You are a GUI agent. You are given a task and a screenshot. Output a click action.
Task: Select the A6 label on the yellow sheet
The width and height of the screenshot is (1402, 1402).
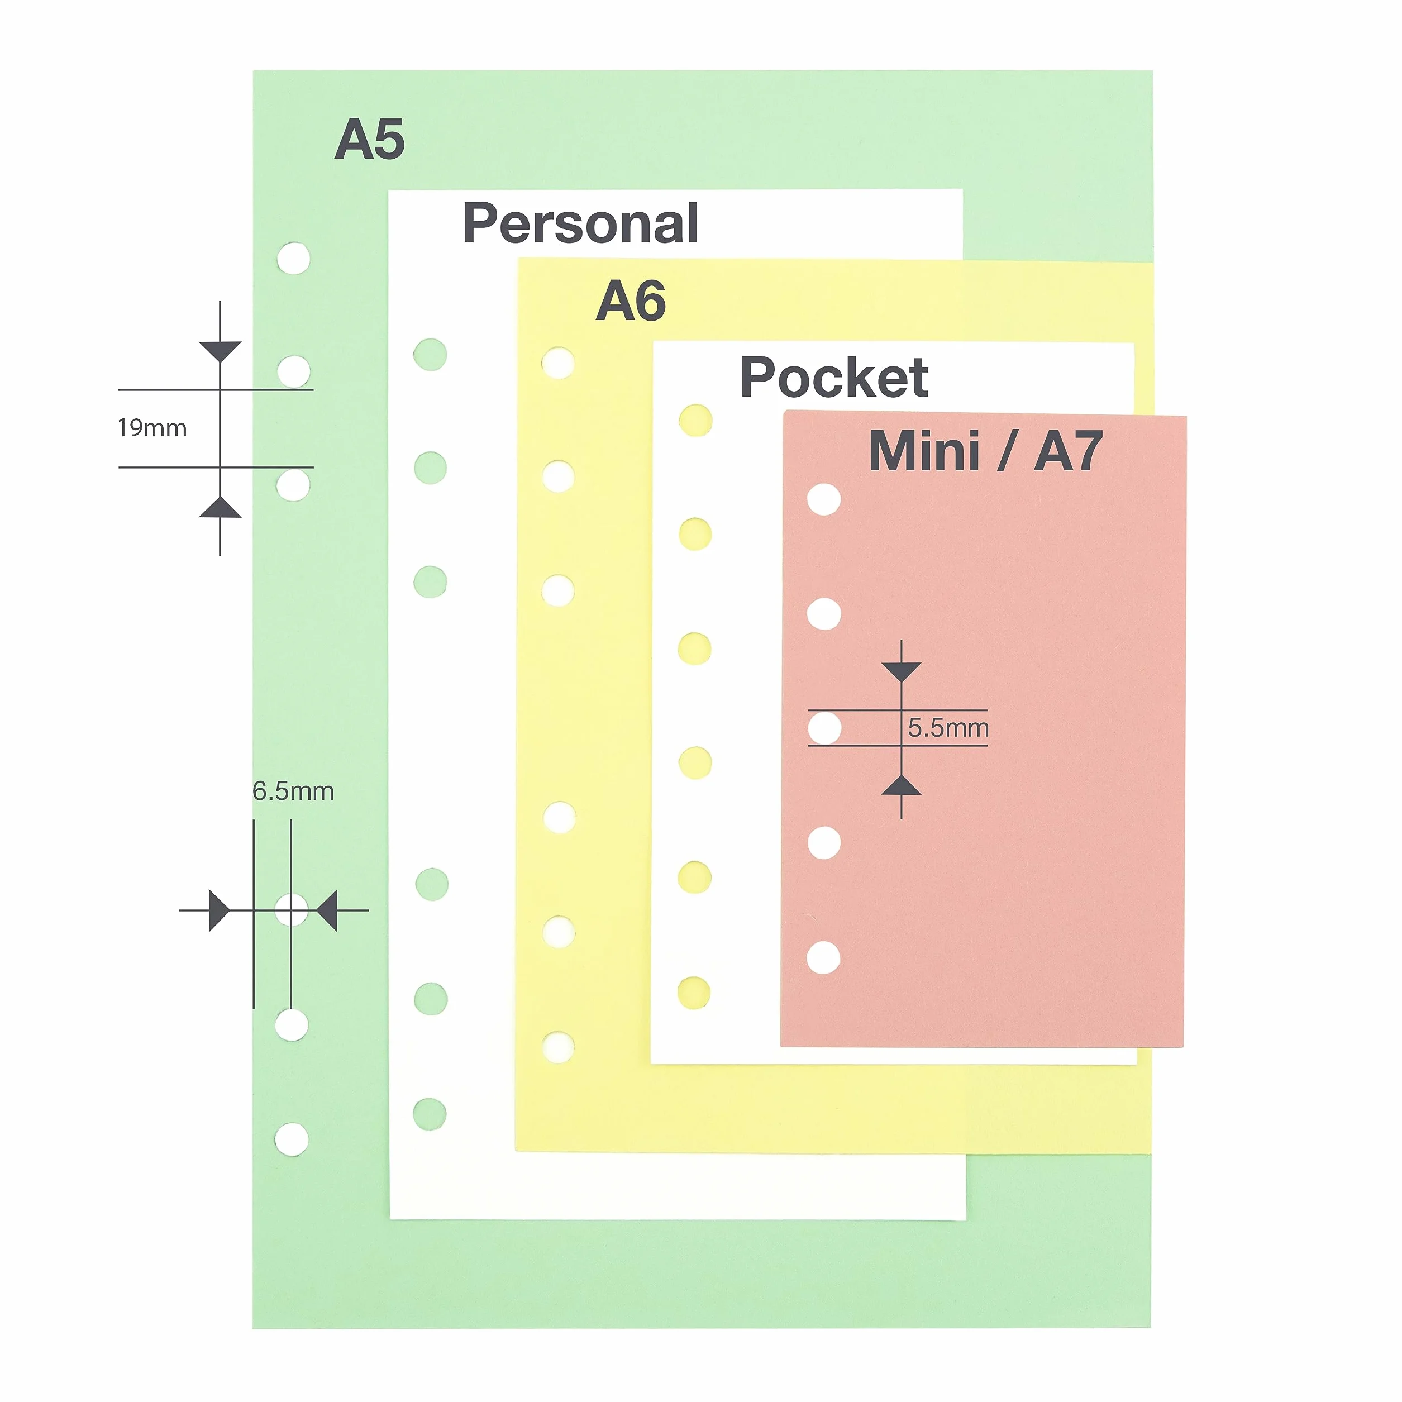click(x=631, y=301)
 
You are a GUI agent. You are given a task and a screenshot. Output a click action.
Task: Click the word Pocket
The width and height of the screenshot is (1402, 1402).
click(x=834, y=378)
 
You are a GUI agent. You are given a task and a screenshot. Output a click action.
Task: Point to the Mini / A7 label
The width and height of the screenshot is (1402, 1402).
click(x=985, y=451)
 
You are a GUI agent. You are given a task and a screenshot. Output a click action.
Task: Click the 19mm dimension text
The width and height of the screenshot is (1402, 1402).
click(x=152, y=428)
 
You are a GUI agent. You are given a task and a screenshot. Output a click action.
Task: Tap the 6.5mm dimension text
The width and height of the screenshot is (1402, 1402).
click(x=293, y=791)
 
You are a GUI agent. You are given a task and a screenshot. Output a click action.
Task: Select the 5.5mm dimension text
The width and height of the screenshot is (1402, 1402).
click(x=948, y=728)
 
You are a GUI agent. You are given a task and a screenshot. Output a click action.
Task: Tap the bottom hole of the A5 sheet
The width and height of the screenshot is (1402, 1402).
click(x=292, y=1138)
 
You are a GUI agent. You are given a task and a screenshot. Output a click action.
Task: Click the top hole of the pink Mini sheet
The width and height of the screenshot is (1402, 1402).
click(x=824, y=499)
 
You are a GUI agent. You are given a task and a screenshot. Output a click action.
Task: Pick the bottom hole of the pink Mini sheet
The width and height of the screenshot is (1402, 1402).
click(x=824, y=957)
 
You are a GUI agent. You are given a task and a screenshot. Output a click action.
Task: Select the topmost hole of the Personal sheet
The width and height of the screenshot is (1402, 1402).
click(x=430, y=355)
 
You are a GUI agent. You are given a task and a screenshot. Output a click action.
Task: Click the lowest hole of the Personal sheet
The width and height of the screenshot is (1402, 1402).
click(x=430, y=1114)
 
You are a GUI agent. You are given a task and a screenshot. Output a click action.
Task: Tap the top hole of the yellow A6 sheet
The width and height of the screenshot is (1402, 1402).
click(x=558, y=363)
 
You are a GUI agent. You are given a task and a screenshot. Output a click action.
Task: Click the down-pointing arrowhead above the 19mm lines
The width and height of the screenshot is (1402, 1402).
click(x=220, y=351)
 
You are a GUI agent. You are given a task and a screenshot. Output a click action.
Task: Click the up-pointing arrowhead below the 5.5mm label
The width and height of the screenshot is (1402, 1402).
click(x=902, y=784)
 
